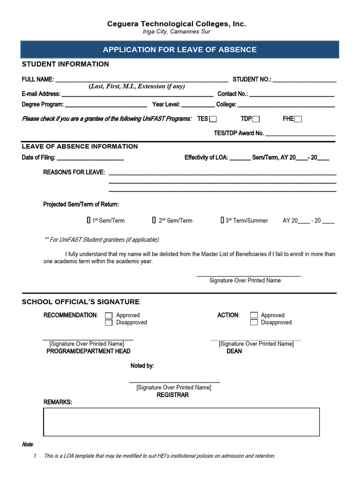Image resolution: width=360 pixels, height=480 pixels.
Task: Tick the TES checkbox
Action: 213,119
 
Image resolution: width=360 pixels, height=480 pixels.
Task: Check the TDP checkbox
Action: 256,119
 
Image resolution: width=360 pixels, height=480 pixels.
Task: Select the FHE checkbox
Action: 298,119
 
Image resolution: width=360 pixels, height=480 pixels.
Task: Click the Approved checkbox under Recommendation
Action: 109,315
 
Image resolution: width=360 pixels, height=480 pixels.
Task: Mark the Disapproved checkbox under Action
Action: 254,322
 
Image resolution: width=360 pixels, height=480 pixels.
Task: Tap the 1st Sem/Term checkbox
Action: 89,220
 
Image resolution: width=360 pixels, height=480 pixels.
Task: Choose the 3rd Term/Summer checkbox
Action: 223,220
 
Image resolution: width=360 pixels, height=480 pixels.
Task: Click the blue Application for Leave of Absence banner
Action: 180,50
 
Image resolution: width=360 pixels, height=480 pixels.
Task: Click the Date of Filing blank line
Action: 90,157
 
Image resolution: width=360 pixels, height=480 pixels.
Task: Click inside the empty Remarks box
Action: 181,422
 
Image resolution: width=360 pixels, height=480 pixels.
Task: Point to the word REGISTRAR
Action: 173,395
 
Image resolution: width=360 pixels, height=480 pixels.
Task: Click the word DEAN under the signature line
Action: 234,351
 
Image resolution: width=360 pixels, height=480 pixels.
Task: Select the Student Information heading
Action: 65,64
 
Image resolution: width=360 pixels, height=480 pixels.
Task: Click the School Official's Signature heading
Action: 81,302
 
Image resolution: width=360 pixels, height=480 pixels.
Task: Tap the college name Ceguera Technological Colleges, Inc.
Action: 176,24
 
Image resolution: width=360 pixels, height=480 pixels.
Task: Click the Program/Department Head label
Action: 88,351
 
